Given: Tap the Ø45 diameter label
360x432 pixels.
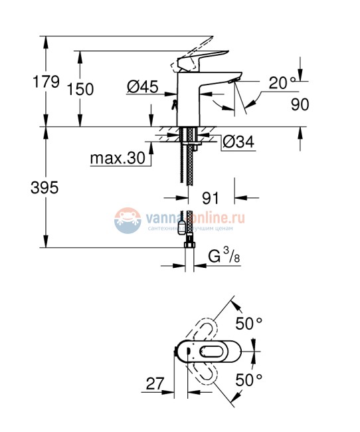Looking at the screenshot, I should (x=141, y=86).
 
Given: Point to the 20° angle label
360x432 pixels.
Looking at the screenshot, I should (x=282, y=83).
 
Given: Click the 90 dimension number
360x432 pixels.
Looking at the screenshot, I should (x=300, y=104).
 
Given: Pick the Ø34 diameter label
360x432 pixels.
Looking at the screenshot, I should (x=236, y=141).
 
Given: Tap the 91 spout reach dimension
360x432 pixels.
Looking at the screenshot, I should (x=211, y=197).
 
